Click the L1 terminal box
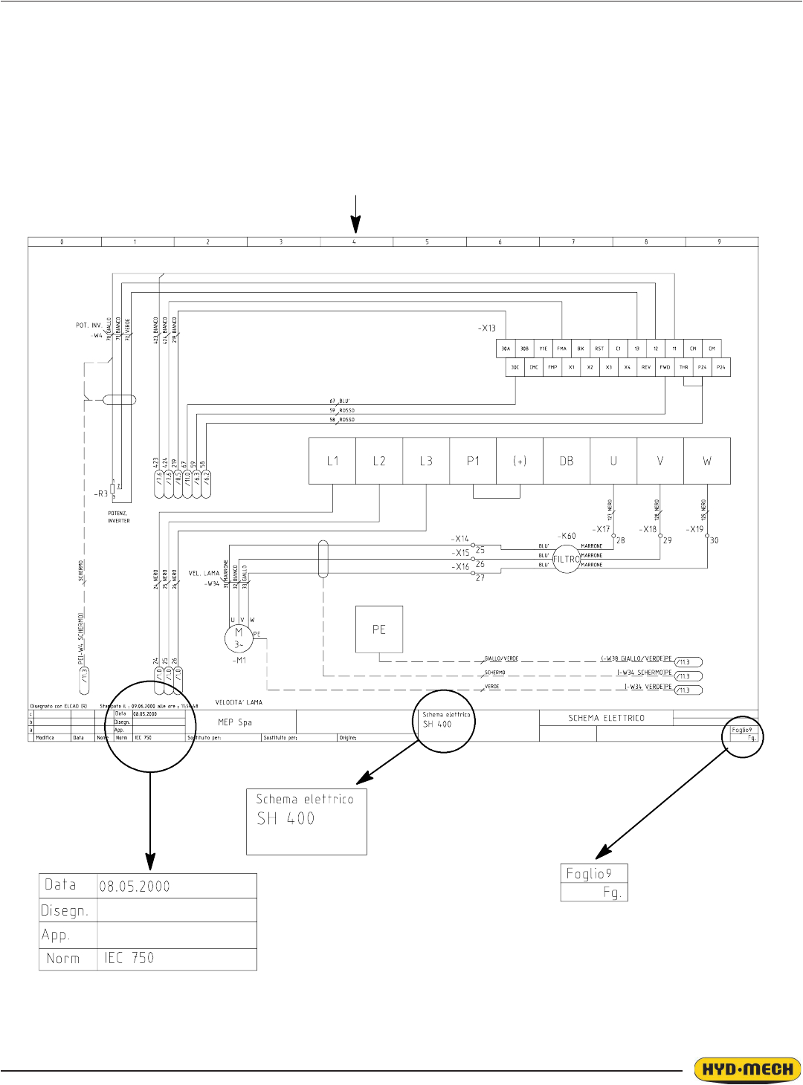[332, 461]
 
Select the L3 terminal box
[426, 461]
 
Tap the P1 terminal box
[473, 461]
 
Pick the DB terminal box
[567, 461]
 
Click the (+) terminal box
[520, 461]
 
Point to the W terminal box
[707, 461]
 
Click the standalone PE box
[379, 629]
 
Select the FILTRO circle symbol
[567, 560]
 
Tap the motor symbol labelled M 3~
[239, 638]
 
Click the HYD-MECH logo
[747, 1070]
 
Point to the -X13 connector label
[486, 328]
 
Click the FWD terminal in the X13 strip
[665, 367]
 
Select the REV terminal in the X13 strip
[646, 367]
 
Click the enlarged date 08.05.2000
[135, 887]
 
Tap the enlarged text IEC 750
[129, 958]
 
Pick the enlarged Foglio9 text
[589, 873]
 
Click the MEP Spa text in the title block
[235, 722]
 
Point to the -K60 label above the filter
[567, 536]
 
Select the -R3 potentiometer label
[101, 493]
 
